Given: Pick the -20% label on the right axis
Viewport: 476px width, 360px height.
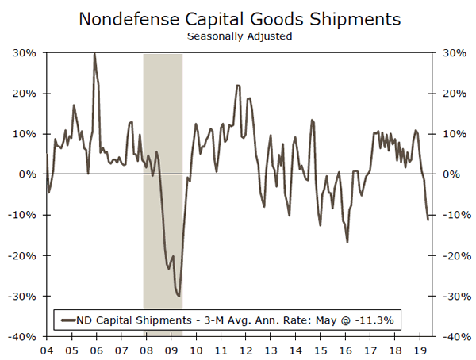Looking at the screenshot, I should coord(450,255).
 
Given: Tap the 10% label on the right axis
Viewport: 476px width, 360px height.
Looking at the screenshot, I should coord(448,134).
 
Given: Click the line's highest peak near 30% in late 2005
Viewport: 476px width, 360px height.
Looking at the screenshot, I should coord(94,53).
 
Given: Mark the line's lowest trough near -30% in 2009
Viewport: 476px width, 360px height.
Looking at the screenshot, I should coord(178,296).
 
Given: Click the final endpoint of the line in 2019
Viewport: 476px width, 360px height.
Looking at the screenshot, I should coord(428,220).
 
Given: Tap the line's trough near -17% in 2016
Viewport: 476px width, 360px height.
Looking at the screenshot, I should coord(347,242).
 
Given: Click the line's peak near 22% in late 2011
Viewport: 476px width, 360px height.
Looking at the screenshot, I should coord(238,85).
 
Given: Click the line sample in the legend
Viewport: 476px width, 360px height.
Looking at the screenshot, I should coord(70,320).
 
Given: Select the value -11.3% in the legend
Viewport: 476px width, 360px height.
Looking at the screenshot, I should coord(375,320).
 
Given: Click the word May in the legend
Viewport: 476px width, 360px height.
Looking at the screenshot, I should coord(324,320).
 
